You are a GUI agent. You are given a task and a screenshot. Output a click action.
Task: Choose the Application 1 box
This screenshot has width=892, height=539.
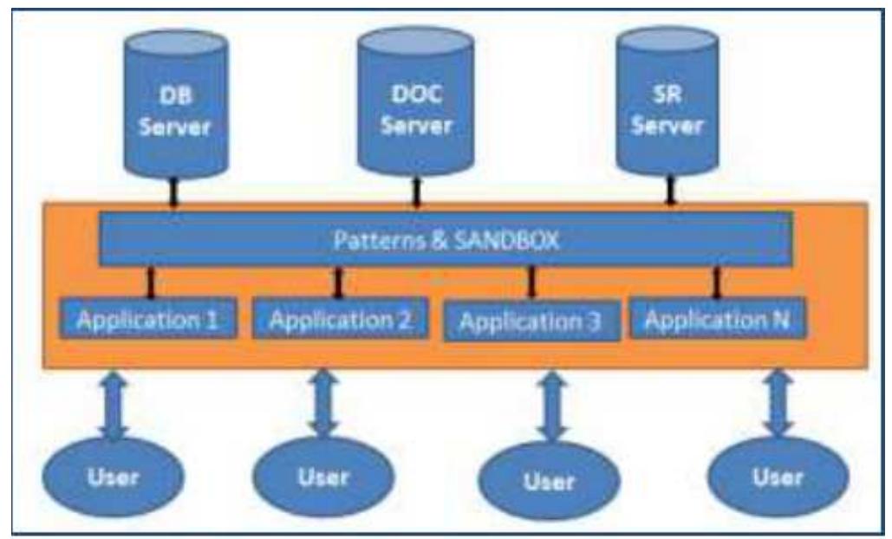coord(149,320)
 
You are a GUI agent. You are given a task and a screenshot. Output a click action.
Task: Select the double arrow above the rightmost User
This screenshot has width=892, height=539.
coord(778,403)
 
